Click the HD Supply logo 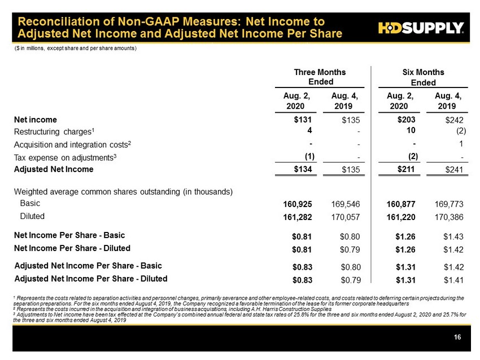pyautogui.click(x=420, y=28)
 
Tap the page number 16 pyautogui.click(x=457, y=337)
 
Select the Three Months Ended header pyautogui.click(x=320, y=77)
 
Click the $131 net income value pyautogui.click(x=303, y=120)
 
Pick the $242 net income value pyautogui.click(x=454, y=120)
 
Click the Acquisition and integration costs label pyautogui.click(x=73, y=144)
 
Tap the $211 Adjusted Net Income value pyautogui.click(x=407, y=169)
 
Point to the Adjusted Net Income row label pyautogui.click(x=54, y=169)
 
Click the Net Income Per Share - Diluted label pyautogui.click(x=72, y=248)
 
